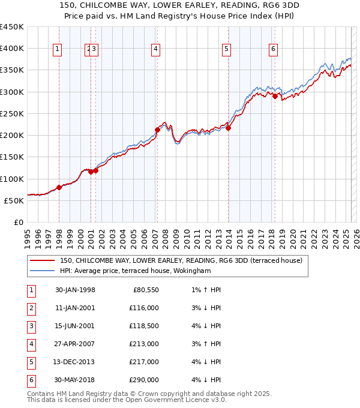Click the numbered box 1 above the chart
tap(58, 50)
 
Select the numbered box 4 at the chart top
tap(155, 50)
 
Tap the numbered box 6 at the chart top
tap(273, 50)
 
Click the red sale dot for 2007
tap(157, 130)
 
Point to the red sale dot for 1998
tap(59, 187)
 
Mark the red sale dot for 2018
tap(275, 96)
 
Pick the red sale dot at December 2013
tap(228, 128)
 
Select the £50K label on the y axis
tap(14, 200)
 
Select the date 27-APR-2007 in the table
tap(75, 344)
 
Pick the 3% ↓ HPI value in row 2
tap(206, 308)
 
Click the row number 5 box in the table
tap(31, 362)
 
